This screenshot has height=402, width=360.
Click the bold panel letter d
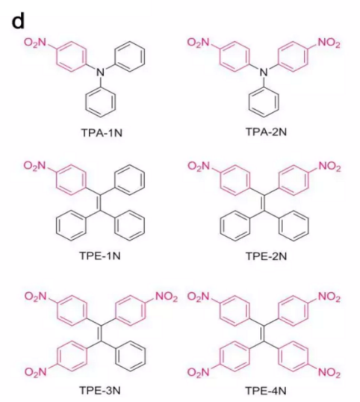(x=18, y=20)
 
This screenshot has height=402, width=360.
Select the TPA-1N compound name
(x=102, y=132)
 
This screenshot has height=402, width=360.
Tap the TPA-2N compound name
(x=266, y=132)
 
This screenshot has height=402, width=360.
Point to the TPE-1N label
(x=100, y=256)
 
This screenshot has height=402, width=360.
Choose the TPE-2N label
(x=266, y=256)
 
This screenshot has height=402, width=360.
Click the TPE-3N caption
(x=100, y=390)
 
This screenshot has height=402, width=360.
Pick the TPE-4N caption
(x=266, y=391)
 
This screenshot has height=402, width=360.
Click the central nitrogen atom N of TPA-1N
(x=100, y=72)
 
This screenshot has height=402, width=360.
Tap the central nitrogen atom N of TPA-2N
(x=264, y=72)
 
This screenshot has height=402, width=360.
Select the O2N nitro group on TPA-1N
(x=35, y=43)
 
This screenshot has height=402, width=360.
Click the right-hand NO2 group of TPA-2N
(x=329, y=43)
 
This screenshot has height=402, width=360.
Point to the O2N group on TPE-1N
(x=34, y=166)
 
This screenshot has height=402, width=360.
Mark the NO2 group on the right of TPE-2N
(x=329, y=167)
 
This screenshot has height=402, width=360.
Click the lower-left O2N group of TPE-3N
(x=36, y=371)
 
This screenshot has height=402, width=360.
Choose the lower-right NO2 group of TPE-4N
(x=329, y=372)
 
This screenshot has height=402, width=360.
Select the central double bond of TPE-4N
(x=264, y=333)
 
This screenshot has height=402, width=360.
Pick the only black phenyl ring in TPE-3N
(x=131, y=356)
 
